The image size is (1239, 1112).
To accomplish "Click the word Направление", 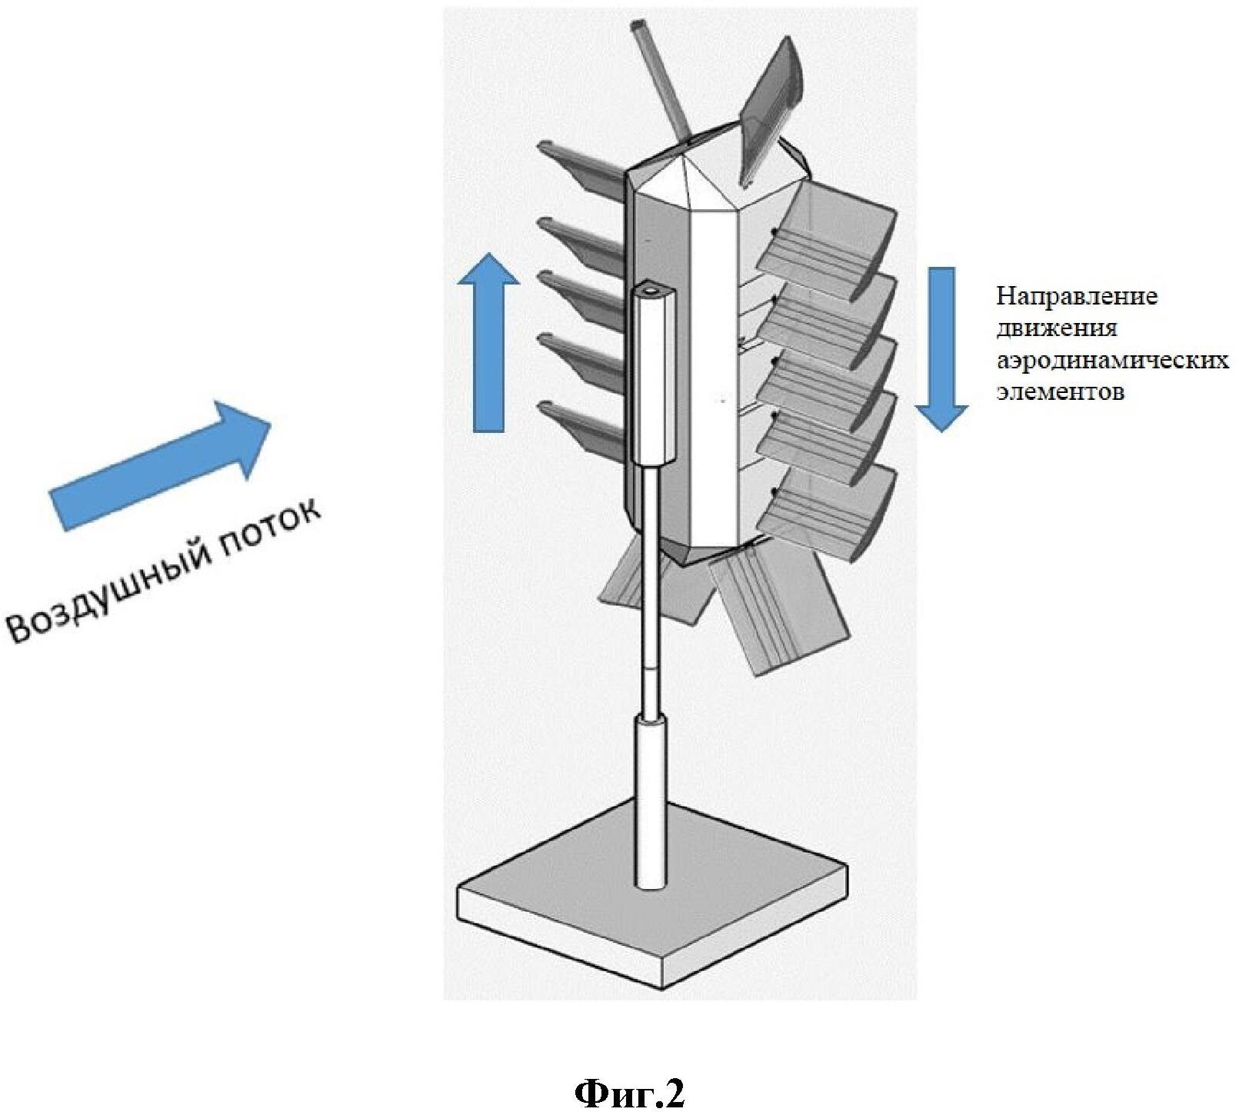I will point(1077,296).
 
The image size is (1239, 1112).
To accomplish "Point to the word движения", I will point(1056,328).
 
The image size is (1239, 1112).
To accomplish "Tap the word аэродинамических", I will point(1112,360).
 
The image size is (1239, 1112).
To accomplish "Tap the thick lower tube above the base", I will point(650,800).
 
